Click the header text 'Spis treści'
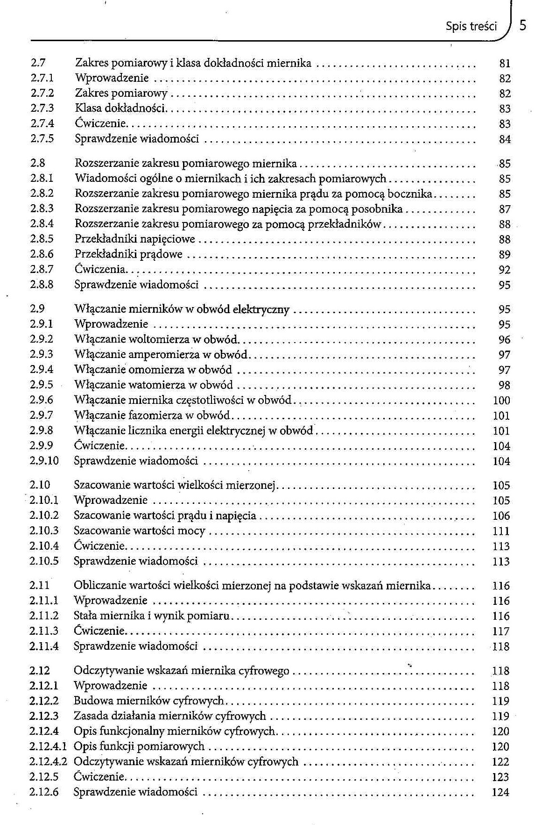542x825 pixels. (x=471, y=26)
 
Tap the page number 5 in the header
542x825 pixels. (x=523, y=25)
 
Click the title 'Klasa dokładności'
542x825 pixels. (x=120, y=108)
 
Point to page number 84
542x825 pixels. (x=505, y=139)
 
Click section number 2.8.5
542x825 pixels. (x=42, y=239)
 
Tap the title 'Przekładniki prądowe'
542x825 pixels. (x=128, y=254)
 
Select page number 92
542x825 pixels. (x=504, y=270)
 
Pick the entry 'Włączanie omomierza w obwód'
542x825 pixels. (x=153, y=370)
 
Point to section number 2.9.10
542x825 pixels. (x=44, y=461)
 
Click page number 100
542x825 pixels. (x=501, y=400)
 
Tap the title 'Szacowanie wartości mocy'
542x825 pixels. (x=139, y=531)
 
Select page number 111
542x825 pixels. (x=501, y=531)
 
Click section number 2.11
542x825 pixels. (x=39, y=585)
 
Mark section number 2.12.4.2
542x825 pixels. (x=48, y=761)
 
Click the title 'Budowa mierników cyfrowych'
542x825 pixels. (x=148, y=701)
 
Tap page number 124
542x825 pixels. (x=500, y=792)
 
